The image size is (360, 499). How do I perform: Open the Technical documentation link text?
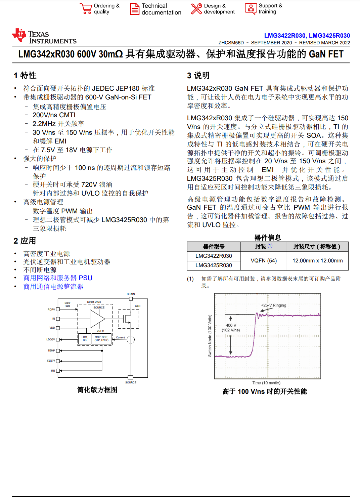[x=161, y=9]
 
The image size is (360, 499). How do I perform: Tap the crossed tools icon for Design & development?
[x=196, y=9]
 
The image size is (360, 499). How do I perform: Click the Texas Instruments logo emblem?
[x=19, y=35]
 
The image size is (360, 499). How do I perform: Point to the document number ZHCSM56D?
[x=231, y=43]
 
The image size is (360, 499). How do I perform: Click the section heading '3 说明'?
[x=198, y=76]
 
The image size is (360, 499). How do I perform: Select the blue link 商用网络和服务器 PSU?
[x=58, y=278]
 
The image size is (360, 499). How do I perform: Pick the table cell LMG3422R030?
[x=214, y=256]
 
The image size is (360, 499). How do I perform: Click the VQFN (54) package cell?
[x=264, y=260]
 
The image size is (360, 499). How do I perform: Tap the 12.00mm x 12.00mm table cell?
[x=317, y=260]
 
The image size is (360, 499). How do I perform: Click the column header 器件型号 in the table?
[x=214, y=247]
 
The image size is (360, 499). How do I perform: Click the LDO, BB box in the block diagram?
[x=85, y=338]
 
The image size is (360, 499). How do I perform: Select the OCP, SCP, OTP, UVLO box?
[x=101, y=338]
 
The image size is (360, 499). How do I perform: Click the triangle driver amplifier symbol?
[x=97, y=318]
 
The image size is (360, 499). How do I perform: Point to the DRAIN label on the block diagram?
[x=131, y=294]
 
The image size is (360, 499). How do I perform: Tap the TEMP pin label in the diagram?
[x=51, y=350]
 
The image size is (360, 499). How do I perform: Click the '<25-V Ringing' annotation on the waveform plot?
[x=274, y=305]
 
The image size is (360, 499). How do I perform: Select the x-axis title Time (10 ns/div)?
[x=266, y=383]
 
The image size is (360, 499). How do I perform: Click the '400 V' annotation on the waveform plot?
[x=231, y=325]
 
